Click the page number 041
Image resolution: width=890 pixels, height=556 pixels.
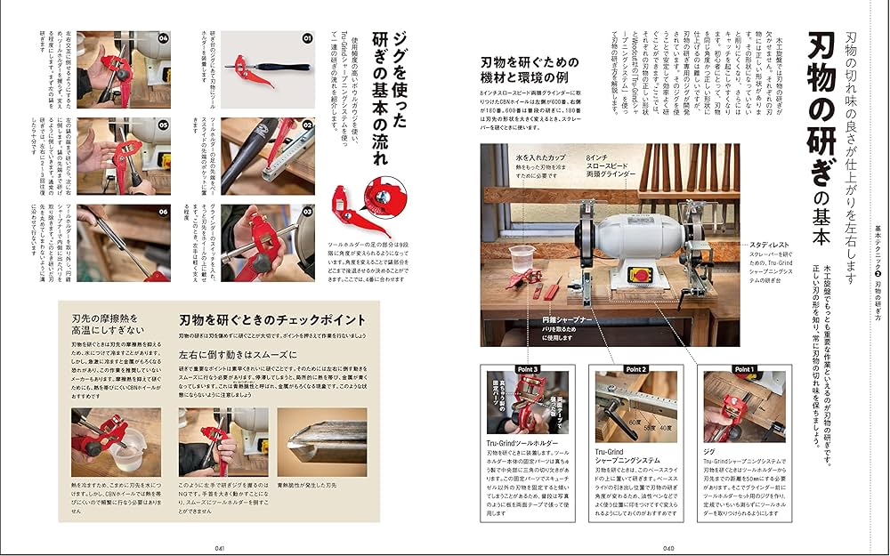coord(221,548)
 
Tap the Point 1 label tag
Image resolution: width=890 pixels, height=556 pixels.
coord(744,369)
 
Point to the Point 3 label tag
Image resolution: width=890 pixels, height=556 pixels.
coord(526,369)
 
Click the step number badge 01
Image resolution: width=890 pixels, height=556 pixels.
coord(307,39)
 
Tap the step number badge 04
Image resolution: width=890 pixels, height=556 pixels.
coord(163,39)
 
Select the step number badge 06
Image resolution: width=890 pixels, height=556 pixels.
coord(163,212)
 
